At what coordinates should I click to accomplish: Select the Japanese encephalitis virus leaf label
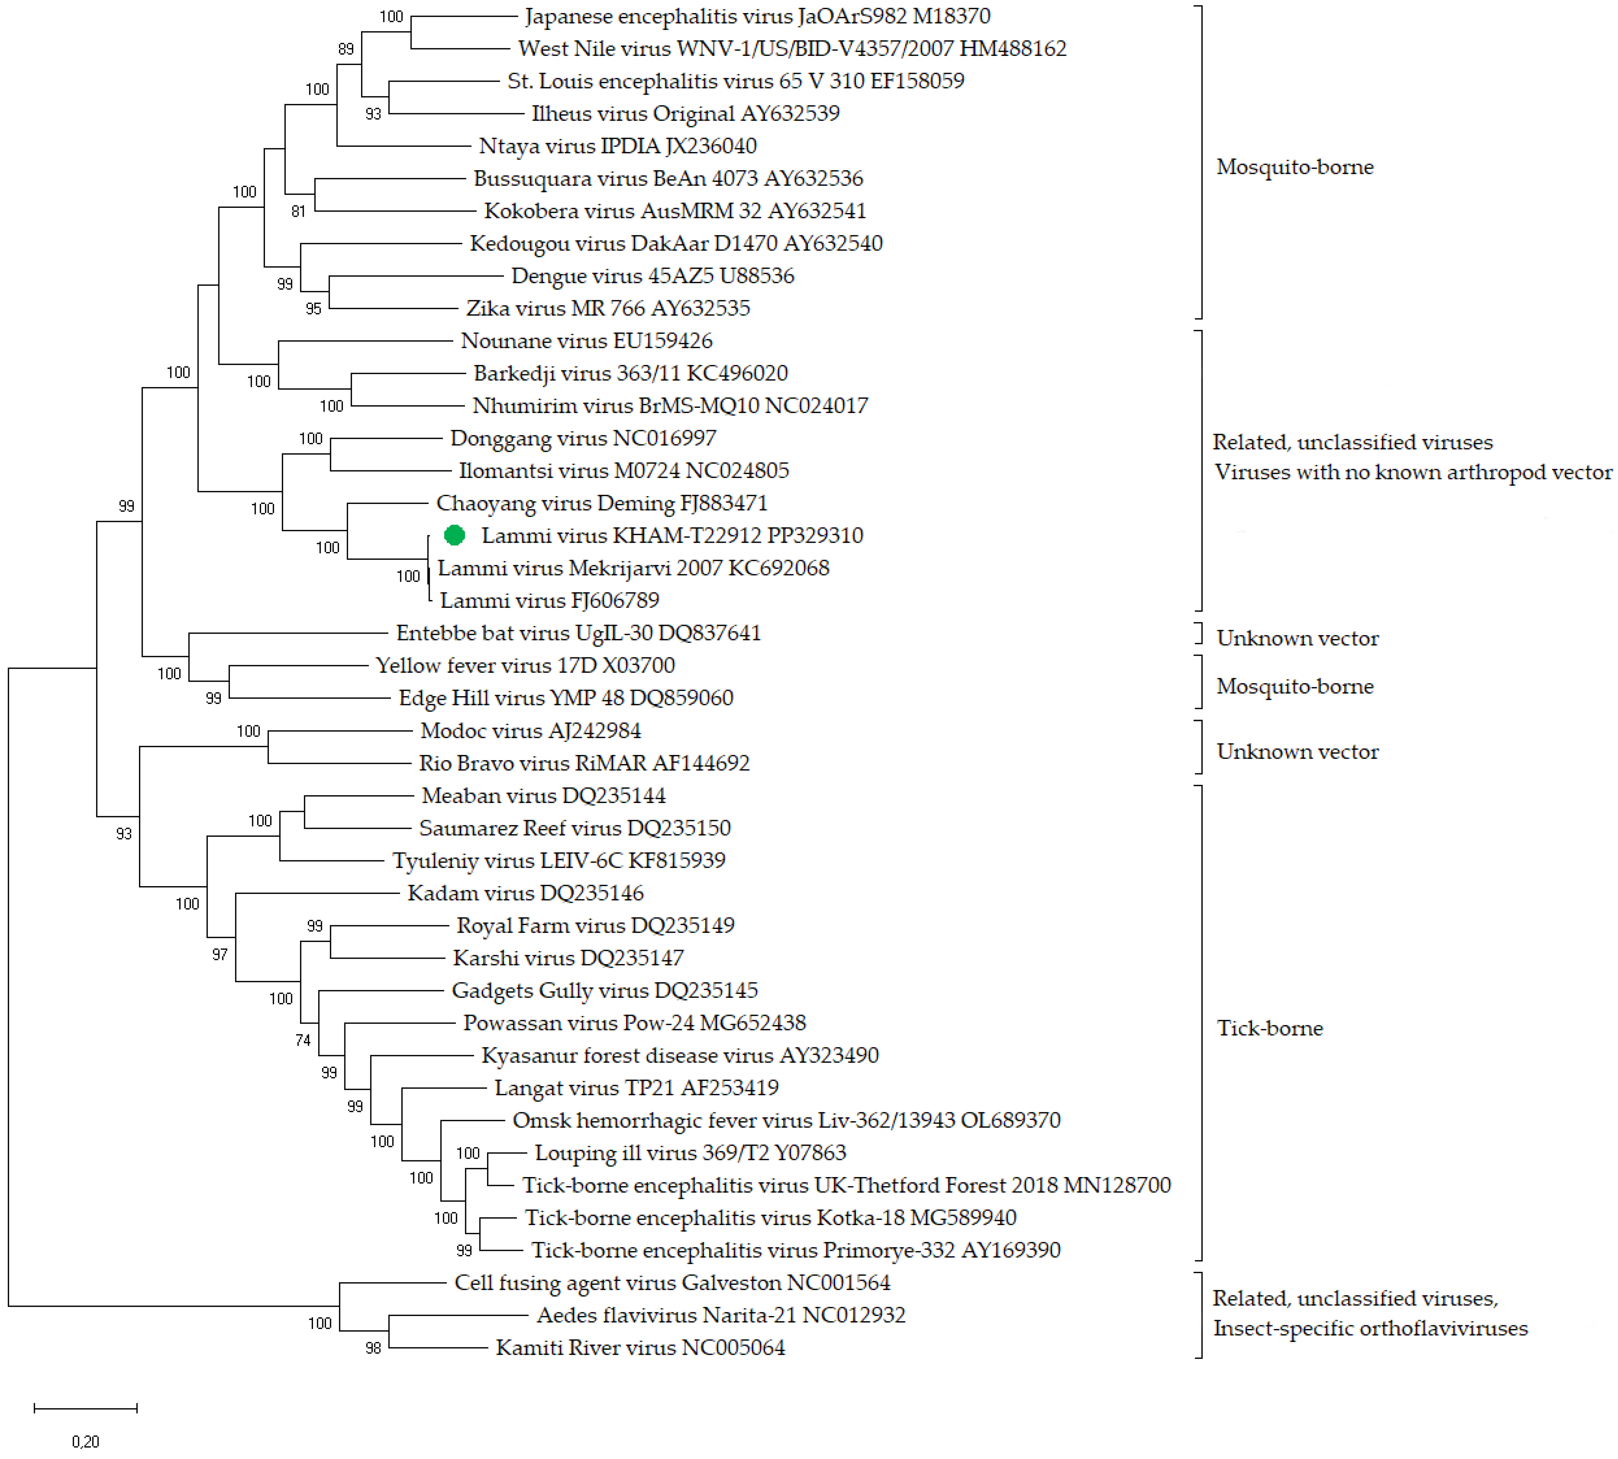tap(757, 16)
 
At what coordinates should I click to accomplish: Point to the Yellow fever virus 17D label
tap(525, 665)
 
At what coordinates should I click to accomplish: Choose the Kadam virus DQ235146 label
tap(525, 893)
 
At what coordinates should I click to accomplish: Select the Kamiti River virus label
tap(640, 1348)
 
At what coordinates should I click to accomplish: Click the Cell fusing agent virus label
tap(672, 1283)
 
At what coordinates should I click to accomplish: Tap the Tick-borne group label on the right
tap(1269, 1028)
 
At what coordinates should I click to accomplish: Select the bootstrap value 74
tap(302, 1041)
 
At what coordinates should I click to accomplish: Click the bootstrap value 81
tap(298, 212)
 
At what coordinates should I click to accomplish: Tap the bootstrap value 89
tap(345, 49)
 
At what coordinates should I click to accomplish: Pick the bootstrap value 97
tap(220, 955)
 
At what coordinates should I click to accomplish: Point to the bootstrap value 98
tap(373, 1348)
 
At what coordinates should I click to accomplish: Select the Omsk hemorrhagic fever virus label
tap(786, 1120)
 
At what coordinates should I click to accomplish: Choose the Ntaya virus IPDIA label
tap(617, 146)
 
